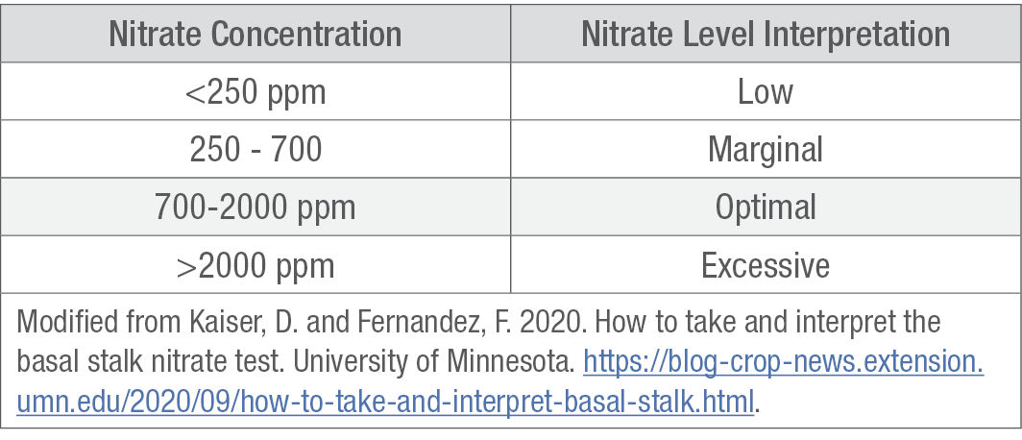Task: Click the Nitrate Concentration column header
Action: [255, 35]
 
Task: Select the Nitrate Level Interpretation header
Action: [766, 35]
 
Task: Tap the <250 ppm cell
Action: [255, 92]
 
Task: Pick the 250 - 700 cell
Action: [255, 150]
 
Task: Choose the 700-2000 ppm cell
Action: [255, 208]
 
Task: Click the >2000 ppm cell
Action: [255, 265]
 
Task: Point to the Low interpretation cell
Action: [766, 92]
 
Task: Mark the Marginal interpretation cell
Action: [766, 150]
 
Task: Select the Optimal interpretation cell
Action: [766, 208]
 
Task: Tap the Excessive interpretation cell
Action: [766, 265]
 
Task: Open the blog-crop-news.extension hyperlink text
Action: [783, 363]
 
